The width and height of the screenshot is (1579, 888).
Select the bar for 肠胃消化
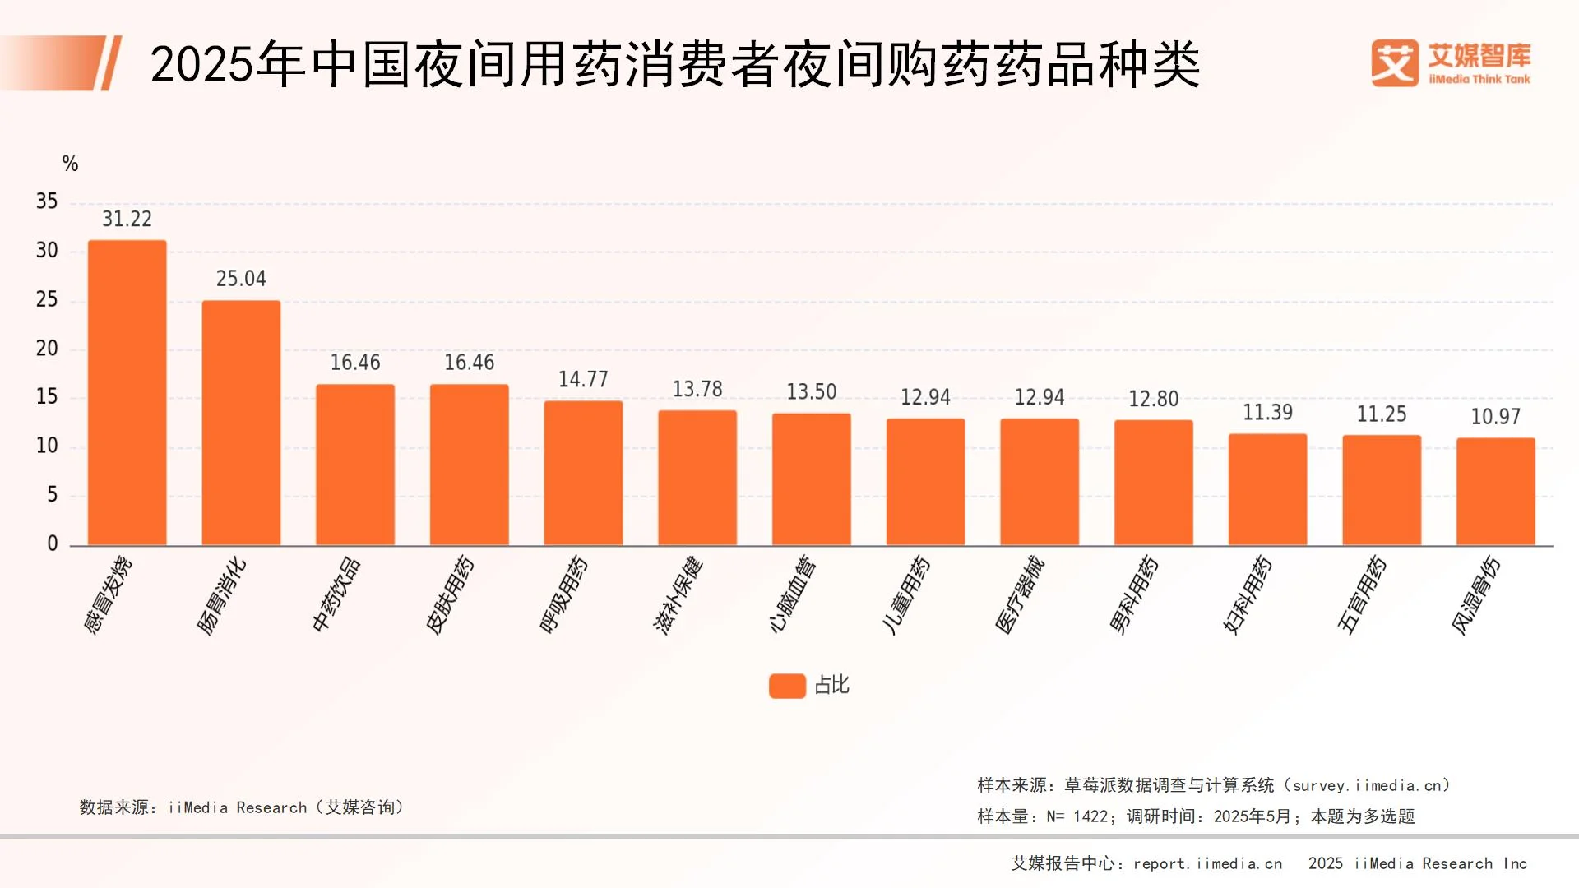point(241,423)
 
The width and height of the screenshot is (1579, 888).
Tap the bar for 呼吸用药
point(583,473)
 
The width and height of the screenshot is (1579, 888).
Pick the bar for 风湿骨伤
point(1495,492)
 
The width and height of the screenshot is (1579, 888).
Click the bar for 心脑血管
point(811,479)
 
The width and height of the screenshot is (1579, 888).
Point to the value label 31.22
point(127,219)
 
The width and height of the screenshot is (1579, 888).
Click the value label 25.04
point(241,279)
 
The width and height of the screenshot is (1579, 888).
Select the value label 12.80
point(1153,399)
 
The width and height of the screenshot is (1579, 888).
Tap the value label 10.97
point(1495,417)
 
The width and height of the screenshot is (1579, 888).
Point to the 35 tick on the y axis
point(47,201)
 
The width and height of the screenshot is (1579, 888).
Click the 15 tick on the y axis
point(47,397)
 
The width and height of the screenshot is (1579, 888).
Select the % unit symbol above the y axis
point(70,164)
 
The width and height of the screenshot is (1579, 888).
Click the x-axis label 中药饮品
point(336,594)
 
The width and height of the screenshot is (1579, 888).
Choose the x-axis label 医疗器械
point(1020,594)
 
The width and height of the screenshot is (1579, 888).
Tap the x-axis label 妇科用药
point(1248,594)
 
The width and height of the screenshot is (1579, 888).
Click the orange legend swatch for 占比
point(787,686)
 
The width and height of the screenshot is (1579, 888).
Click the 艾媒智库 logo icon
point(1395,63)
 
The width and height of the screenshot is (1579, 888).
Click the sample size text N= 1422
point(1077,816)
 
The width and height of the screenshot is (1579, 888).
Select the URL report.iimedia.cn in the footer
point(1207,863)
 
